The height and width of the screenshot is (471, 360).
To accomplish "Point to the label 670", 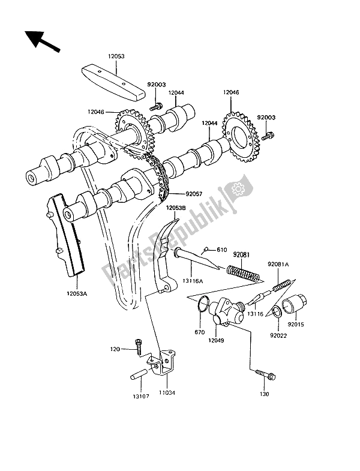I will point(200,332).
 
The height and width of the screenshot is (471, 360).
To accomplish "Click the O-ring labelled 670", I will point(203,307).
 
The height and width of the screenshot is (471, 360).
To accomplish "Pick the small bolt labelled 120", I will point(139,345).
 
